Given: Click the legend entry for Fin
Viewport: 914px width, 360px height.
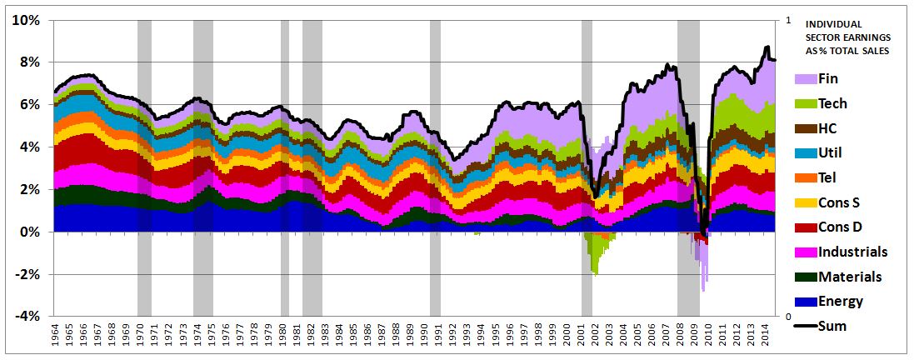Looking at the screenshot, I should (828, 79).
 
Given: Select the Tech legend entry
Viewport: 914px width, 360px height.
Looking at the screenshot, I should (833, 103).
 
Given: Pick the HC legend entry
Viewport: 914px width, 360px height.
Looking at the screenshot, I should (828, 128).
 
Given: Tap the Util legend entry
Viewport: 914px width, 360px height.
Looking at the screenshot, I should (830, 153).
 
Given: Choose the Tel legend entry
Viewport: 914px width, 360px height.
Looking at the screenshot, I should (828, 177).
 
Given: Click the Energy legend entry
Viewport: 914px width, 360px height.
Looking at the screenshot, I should (841, 302).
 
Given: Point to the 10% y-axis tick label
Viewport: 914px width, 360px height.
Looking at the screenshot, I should (25, 20).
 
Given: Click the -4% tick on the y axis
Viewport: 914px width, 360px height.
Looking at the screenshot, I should (26, 317).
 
